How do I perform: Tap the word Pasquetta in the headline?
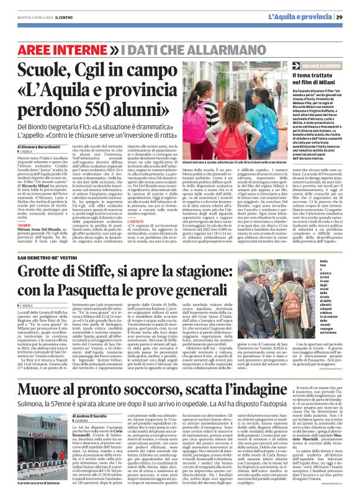131,290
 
